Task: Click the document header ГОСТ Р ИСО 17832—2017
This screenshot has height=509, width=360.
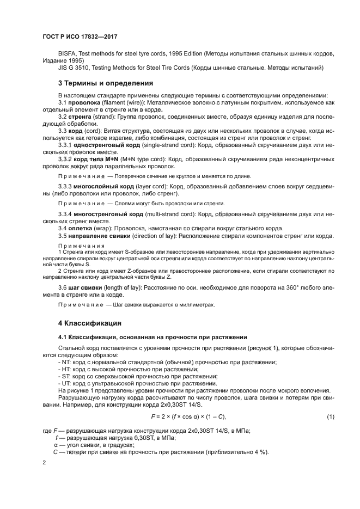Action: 80,36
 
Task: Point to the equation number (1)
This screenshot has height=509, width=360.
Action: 330,416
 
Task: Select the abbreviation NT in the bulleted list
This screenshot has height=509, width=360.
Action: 65,363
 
